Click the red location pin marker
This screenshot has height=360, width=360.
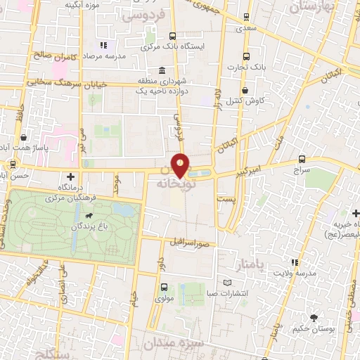(x=181, y=166)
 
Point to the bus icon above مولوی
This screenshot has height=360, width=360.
(x=164, y=287)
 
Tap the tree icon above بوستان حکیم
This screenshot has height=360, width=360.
(x=313, y=318)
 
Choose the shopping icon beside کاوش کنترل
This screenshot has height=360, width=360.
(x=244, y=91)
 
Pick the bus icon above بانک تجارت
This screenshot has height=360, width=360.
(x=245, y=57)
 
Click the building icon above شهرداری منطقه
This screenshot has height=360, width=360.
(x=162, y=71)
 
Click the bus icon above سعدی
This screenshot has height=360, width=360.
(x=245, y=16)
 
